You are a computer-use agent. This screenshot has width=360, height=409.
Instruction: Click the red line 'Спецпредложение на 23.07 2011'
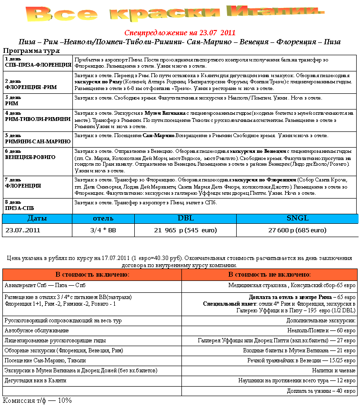180,33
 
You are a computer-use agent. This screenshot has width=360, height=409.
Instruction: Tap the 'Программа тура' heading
31,50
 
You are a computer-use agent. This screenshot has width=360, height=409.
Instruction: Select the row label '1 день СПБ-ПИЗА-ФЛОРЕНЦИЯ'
37,62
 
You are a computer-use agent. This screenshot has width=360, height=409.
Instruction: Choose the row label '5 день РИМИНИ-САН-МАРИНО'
37,139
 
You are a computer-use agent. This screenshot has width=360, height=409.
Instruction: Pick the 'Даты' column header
37,219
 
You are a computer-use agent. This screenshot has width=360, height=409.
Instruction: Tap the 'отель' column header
103,219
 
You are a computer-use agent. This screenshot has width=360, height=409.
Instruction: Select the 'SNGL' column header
297,219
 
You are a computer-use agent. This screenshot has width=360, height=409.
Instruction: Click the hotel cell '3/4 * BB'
103,230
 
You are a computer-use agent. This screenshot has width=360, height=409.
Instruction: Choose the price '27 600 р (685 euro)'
297,230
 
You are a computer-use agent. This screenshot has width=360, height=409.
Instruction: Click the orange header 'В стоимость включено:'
92,275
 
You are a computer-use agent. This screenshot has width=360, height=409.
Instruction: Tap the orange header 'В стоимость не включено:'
270,275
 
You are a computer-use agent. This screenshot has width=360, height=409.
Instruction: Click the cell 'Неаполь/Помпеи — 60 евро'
325,330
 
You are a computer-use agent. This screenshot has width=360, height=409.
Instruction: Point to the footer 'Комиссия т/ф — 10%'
37,401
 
